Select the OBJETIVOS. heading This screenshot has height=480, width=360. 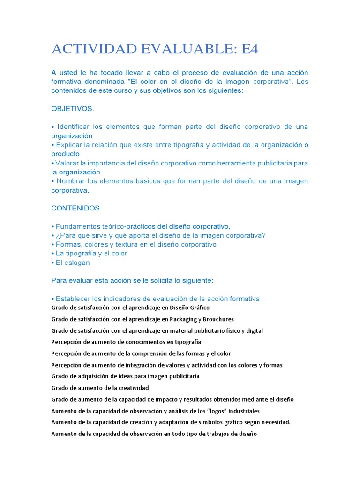[73, 109]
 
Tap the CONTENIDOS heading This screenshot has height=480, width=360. [75, 208]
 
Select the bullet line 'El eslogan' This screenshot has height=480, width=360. [73, 263]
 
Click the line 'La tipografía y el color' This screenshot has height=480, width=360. [91, 254]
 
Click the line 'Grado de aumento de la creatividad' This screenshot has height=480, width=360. [100, 388]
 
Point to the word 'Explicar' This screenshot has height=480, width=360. [70, 145]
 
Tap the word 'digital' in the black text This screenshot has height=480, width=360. [254, 330]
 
